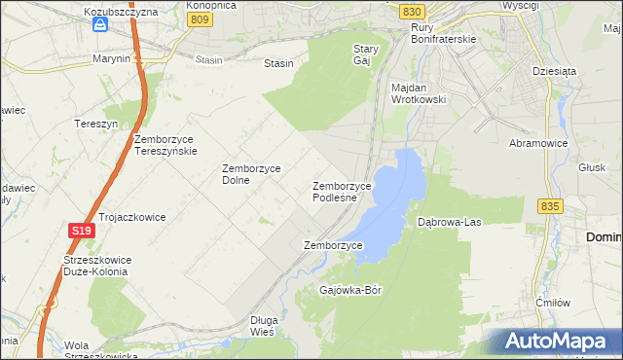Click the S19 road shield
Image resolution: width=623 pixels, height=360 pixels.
(81, 231)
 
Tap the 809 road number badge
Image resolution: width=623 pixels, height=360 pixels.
(200, 18)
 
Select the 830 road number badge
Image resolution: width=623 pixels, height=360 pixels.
(412, 11)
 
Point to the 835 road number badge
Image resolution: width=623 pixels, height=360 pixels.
(550, 206)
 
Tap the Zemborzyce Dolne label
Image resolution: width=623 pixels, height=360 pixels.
(251, 173)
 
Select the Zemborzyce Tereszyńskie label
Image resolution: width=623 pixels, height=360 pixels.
(166, 145)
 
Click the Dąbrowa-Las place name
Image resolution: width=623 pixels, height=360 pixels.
(450, 223)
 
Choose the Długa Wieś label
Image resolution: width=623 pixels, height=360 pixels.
(264, 325)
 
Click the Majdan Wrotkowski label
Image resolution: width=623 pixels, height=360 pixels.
(418, 93)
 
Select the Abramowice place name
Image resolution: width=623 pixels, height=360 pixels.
(537, 142)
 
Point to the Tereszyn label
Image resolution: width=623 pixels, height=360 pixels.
(96, 124)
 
